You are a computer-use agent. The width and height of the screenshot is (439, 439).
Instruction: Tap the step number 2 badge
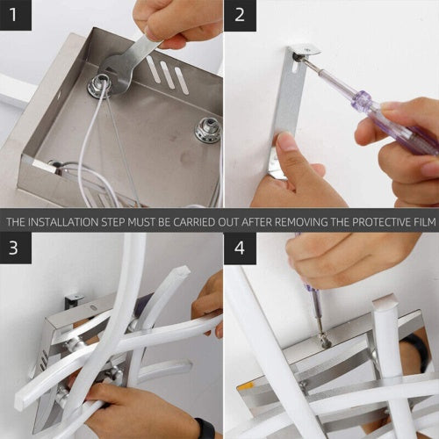[240, 15]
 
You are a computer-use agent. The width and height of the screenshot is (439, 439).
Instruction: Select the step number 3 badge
[15, 248]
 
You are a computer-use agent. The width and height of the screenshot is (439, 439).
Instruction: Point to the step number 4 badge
[240, 248]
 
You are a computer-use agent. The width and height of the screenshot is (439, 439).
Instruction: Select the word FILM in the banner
[421, 221]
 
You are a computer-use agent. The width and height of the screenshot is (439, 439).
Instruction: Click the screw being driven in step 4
[324, 337]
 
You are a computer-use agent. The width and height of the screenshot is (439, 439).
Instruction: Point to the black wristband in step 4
[419, 351]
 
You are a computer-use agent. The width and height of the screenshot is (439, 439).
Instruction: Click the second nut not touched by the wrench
[206, 130]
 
